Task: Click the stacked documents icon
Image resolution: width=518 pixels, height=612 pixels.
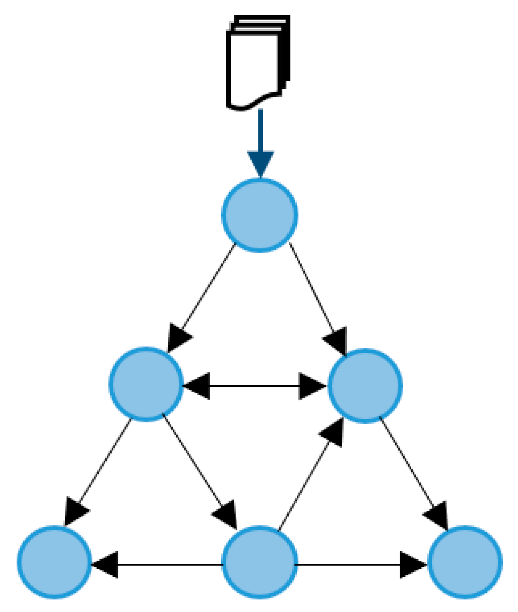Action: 258,62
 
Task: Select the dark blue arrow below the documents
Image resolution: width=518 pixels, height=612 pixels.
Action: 260,136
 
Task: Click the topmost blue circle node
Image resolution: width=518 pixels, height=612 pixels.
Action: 260,215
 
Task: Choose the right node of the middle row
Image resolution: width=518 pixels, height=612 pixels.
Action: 365,385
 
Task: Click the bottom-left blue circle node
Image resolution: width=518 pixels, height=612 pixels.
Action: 54,562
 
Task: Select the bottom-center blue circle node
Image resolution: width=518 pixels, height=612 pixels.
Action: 260,562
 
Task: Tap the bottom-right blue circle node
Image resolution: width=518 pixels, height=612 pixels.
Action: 465,562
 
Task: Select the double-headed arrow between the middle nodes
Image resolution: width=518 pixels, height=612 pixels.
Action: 255,386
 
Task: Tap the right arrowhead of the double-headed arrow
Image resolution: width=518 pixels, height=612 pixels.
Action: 313,386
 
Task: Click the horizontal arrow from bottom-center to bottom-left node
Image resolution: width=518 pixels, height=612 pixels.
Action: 160,564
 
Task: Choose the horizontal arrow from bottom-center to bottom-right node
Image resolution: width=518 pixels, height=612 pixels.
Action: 352,564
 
